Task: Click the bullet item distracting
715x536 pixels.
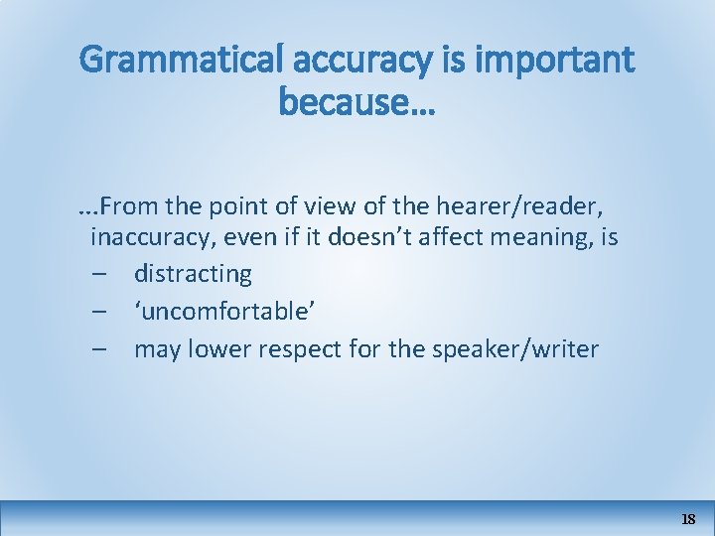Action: coord(193,273)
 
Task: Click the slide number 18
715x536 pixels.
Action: coord(688,519)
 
